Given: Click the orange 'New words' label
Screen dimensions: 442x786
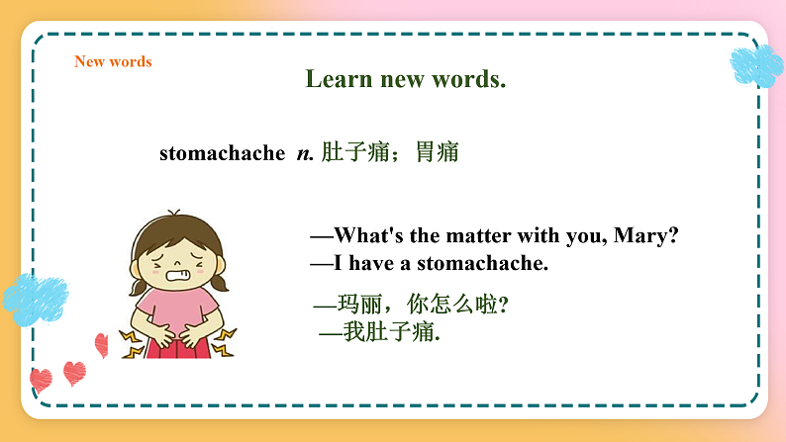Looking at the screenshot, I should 113,61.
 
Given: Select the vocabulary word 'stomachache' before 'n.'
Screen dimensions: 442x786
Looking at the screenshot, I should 222,153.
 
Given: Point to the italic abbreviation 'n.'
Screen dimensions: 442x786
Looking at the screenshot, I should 305,153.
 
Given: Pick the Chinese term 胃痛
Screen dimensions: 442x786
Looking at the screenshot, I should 437,153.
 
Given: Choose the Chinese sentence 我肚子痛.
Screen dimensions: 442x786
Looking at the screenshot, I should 391,332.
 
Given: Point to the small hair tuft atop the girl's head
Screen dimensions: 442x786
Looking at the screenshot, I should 174,215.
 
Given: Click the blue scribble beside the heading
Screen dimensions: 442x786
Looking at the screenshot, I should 756,64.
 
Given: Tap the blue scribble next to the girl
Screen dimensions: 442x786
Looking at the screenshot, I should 35,298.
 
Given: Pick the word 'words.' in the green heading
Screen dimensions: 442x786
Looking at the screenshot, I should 468,79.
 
